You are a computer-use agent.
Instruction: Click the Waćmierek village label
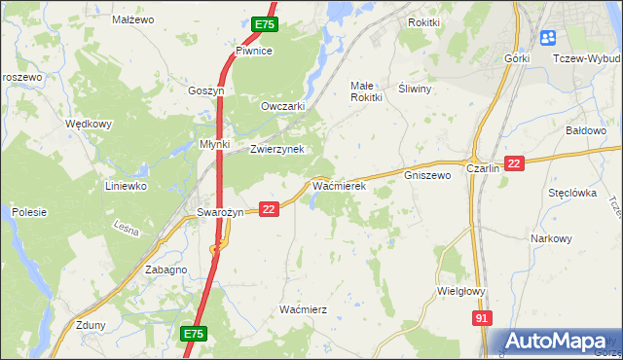tap(338, 184)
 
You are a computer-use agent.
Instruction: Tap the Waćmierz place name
tap(303, 308)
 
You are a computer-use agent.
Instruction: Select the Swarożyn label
tap(219, 213)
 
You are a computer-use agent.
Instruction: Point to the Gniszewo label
tap(427, 176)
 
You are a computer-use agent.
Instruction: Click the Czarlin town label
tap(483, 168)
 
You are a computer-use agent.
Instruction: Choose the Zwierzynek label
tap(277, 149)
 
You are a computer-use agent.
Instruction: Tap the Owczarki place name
tap(283, 106)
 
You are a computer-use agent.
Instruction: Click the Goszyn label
tap(206, 90)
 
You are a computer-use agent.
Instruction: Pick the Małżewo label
tap(133, 19)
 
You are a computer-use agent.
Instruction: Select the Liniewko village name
tap(126, 185)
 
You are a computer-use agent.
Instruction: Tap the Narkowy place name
tap(551, 238)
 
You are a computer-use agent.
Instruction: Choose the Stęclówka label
tap(571, 193)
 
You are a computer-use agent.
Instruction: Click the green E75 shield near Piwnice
tap(264, 24)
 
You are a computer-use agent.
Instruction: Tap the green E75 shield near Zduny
tap(194, 334)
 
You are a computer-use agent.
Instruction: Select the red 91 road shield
tap(483, 318)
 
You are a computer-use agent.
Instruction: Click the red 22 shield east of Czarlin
tap(515, 164)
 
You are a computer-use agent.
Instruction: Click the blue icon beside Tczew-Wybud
tap(547, 38)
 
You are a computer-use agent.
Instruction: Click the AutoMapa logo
tap(558, 341)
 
